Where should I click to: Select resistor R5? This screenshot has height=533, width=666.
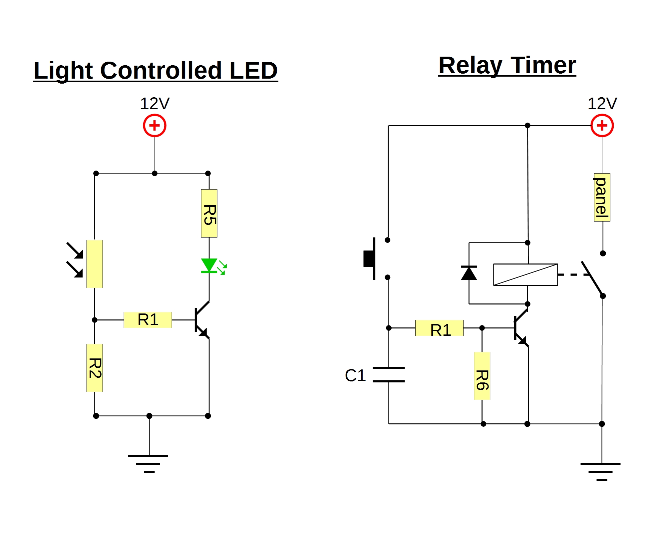(x=209, y=214)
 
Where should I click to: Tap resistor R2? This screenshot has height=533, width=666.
(x=95, y=368)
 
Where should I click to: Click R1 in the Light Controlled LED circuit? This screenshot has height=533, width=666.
(x=148, y=320)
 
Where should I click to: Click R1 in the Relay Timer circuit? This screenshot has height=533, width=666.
(x=439, y=328)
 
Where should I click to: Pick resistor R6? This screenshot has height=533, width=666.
(x=482, y=376)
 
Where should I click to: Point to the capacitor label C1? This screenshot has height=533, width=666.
(x=355, y=375)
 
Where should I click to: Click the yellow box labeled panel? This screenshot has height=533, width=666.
(x=602, y=197)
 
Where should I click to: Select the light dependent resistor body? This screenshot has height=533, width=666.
(x=95, y=264)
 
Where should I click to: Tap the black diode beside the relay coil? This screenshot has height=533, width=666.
(x=469, y=273)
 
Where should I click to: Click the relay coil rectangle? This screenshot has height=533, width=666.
(x=525, y=274)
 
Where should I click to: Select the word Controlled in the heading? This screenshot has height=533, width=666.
(x=161, y=71)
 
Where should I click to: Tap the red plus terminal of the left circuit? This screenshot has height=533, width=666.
(x=155, y=126)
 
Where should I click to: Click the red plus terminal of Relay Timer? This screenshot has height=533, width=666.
(x=602, y=126)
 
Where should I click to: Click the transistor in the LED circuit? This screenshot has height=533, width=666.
(x=201, y=320)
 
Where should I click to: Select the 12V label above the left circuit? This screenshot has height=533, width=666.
(x=155, y=104)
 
